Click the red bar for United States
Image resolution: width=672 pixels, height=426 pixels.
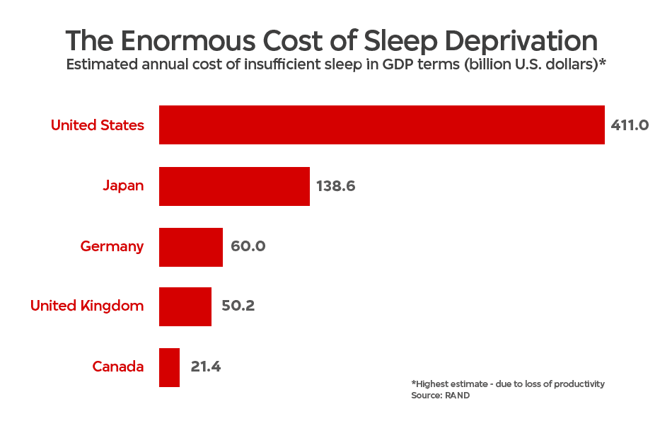[x=382, y=125]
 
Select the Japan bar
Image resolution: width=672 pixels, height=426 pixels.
[x=234, y=186]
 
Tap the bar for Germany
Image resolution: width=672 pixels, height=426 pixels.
[x=191, y=247]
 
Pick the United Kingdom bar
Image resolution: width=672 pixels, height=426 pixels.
[x=185, y=307]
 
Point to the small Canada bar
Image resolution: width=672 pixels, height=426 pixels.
[x=169, y=368]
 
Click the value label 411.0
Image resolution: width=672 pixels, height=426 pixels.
[x=630, y=125]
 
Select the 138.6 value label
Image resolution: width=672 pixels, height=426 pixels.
[x=335, y=186]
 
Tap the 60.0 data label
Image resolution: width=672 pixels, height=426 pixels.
[x=248, y=246]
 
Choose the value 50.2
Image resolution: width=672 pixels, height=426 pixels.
[x=238, y=306]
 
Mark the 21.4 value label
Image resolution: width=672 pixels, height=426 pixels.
[x=205, y=367]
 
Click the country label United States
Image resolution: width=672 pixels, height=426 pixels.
[x=98, y=125]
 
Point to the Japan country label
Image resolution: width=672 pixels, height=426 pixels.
[x=123, y=186]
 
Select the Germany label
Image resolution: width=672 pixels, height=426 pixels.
[x=112, y=246]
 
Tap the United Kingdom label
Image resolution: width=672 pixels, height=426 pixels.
[x=87, y=306]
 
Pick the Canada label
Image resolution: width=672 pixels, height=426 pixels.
[x=118, y=367]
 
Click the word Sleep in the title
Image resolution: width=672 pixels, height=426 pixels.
[x=400, y=42]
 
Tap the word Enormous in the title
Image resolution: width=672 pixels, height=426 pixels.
[x=187, y=41]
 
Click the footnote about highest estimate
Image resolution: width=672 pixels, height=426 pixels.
[x=508, y=384]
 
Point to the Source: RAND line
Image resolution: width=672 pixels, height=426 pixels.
[x=440, y=395]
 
